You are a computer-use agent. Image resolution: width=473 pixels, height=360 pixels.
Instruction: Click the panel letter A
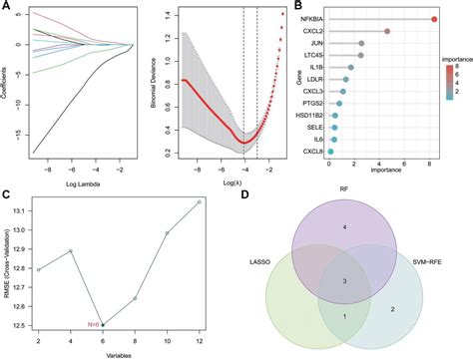pos(6,7)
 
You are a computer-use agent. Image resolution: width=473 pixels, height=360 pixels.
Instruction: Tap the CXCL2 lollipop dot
pos(386,32)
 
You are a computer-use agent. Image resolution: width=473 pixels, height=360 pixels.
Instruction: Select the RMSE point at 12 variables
pos(200,201)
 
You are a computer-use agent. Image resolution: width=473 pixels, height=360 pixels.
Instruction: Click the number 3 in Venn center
pos(344,283)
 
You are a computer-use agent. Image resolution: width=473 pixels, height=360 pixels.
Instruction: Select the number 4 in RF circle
pos(344,228)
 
